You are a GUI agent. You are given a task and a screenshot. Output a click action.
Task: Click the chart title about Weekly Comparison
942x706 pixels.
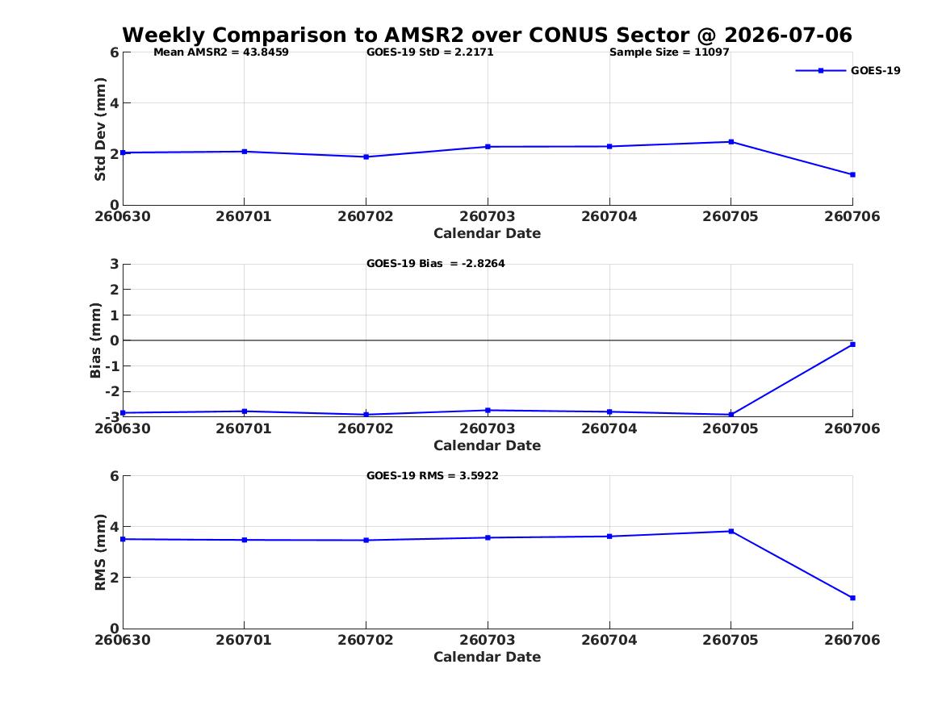pyautogui.click(x=488, y=35)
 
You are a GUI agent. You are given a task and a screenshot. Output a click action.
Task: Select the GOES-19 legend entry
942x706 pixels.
pyautogui.click(x=848, y=70)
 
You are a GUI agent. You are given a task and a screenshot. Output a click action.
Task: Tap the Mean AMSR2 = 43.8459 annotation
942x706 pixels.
pyautogui.click(x=221, y=52)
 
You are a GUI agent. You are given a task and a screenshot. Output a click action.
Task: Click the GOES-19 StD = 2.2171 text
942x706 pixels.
pyautogui.click(x=430, y=52)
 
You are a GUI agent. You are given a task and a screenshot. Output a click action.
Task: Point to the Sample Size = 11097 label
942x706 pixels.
pyautogui.click(x=669, y=52)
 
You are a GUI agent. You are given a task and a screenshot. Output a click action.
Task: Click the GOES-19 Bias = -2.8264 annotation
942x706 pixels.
pyautogui.click(x=436, y=264)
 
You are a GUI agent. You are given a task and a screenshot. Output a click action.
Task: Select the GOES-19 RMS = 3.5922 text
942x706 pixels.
pyautogui.click(x=433, y=475)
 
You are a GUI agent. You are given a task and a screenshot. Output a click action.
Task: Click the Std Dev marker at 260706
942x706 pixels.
pyautogui.click(x=852, y=175)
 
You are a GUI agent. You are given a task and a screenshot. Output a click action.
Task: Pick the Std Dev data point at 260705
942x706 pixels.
pyautogui.click(x=731, y=142)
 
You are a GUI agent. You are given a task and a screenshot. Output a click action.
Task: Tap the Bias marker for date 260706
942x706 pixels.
pyautogui.click(x=852, y=345)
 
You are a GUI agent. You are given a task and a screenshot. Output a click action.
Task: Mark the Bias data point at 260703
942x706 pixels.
pyautogui.click(x=488, y=411)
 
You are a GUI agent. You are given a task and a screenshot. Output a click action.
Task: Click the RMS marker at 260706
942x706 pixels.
pyautogui.click(x=852, y=598)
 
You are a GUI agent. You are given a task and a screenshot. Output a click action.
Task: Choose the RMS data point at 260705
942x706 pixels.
pyautogui.click(x=731, y=531)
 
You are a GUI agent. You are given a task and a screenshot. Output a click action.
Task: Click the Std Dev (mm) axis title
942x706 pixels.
pyautogui.click(x=100, y=129)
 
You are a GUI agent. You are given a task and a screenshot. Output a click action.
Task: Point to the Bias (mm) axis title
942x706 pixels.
pyautogui.click(x=95, y=340)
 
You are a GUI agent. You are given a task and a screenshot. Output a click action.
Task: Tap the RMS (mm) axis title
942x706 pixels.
pyautogui.click(x=100, y=553)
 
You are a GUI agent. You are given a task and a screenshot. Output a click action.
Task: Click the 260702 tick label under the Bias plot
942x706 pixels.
pyautogui.click(x=366, y=428)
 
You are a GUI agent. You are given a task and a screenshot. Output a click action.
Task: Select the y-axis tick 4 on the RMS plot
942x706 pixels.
pyautogui.click(x=114, y=527)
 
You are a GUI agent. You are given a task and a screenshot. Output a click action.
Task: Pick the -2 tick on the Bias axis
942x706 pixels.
pyautogui.click(x=111, y=391)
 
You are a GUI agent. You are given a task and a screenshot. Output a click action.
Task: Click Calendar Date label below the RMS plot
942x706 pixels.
pyautogui.click(x=488, y=657)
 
